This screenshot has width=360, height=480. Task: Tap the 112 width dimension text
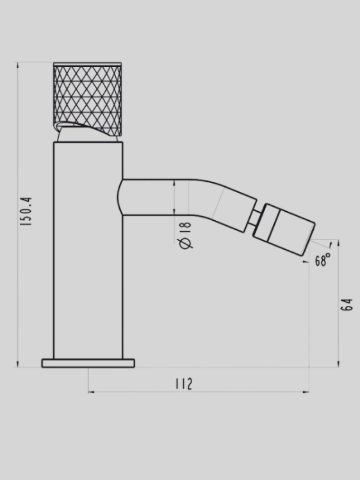(x=184, y=383)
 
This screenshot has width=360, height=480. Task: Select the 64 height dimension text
(x=347, y=304)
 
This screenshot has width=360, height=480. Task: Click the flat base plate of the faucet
(x=88, y=363)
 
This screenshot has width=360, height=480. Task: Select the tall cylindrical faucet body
(x=88, y=250)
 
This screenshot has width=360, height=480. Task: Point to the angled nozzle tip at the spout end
(x=289, y=229)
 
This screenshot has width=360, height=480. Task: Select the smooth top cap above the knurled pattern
(x=87, y=64)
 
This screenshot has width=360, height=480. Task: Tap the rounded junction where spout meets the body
(x=121, y=197)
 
